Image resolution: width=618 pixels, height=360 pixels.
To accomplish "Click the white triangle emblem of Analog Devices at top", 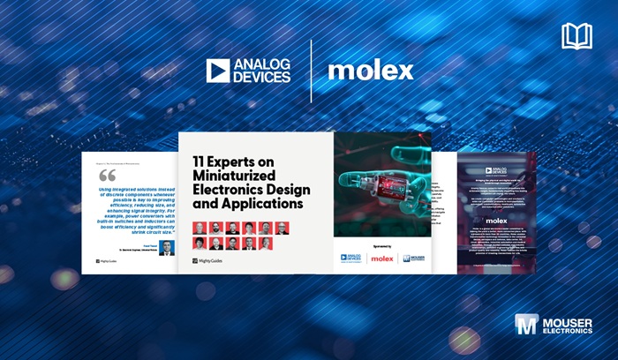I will point(219,71).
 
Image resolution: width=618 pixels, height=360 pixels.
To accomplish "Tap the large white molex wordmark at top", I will point(370,71).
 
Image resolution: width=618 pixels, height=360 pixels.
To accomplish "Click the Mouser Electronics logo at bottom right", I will point(554,326).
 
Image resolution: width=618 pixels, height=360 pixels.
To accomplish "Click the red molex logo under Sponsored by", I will point(382,259).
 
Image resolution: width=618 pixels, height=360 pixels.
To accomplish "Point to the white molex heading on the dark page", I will point(496,222).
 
